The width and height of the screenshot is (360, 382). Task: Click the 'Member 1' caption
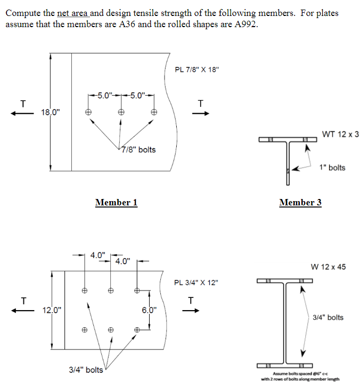116,202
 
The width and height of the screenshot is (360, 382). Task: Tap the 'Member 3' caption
300,202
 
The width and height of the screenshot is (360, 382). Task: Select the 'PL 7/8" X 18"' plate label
197,70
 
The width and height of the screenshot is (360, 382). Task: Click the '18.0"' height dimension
51,112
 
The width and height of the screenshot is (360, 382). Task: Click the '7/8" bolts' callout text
138,150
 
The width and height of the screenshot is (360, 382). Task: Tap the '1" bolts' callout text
332,168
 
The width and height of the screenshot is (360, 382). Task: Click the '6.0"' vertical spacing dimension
149,310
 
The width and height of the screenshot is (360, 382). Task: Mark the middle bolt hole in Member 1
121,112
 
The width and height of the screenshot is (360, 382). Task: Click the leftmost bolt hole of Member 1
88,112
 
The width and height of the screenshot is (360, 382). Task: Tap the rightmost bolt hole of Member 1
154,112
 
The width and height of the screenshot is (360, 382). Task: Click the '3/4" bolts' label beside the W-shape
328,318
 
